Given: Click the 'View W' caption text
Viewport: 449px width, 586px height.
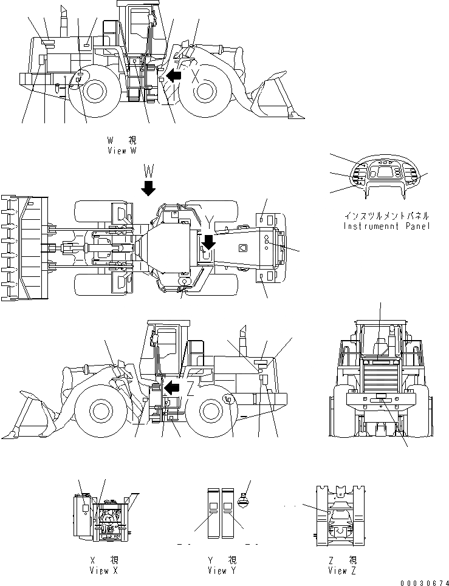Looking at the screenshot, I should coord(126,151).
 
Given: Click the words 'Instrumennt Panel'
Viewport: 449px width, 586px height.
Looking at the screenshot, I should coord(386,226).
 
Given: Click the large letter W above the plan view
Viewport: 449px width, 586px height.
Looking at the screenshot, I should coord(148,168).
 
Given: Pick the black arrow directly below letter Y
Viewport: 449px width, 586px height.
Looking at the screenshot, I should coord(208,242).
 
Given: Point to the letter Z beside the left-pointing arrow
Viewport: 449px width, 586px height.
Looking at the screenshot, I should coord(190,387).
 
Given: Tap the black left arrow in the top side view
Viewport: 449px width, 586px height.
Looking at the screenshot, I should coord(174,75).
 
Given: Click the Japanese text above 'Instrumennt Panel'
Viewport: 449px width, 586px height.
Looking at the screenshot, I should coord(386,216).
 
